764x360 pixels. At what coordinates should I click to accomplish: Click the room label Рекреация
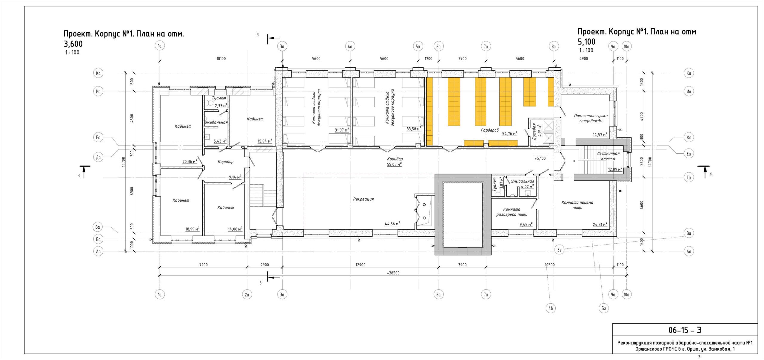(x=363, y=199)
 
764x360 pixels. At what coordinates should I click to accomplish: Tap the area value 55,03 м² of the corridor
(x=394, y=164)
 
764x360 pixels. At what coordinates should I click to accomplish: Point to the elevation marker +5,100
(x=540, y=158)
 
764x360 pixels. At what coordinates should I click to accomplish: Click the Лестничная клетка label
(x=608, y=156)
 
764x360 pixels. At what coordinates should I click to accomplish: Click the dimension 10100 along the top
(x=221, y=59)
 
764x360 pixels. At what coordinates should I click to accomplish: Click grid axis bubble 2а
(x=247, y=295)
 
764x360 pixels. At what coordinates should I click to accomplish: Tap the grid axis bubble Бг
(x=603, y=308)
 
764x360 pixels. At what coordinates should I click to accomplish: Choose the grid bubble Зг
(x=560, y=250)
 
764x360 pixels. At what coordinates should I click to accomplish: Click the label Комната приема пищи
(x=577, y=205)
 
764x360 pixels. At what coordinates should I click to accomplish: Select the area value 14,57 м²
(x=600, y=135)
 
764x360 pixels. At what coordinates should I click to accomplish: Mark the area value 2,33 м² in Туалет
(x=221, y=105)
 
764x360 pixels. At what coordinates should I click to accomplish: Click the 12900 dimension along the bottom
(x=360, y=265)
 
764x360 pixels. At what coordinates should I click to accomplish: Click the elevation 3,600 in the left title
(x=73, y=44)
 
